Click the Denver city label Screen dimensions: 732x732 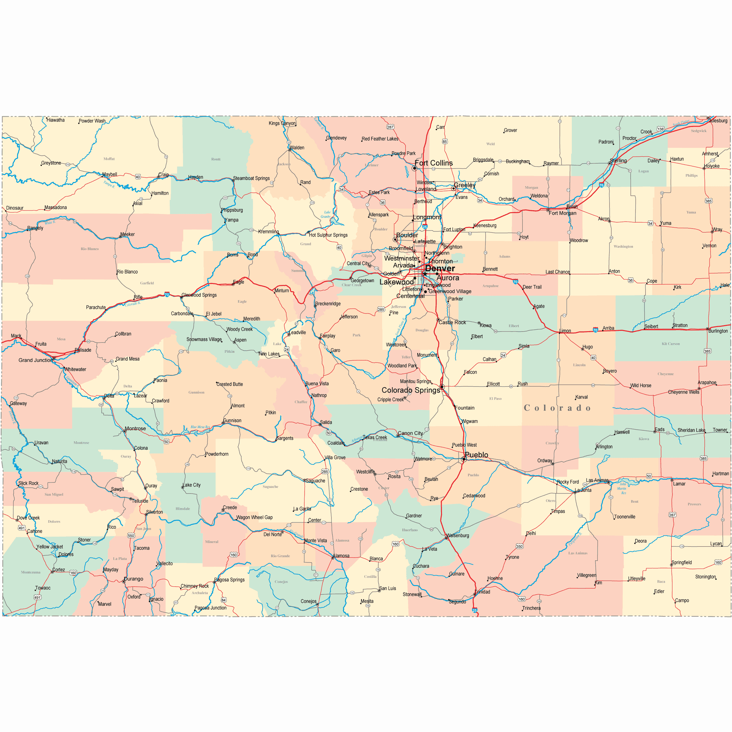coord(439,268)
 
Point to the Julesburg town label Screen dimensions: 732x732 coord(718,121)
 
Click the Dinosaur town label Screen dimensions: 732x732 coord(15,208)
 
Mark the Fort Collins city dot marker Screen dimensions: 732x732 coord(414,168)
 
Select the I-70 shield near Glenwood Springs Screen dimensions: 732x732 coord(167,294)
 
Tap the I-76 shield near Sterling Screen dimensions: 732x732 coord(601,185)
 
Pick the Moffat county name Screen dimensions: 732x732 coord(109,159)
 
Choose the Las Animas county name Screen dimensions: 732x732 coord(577,553)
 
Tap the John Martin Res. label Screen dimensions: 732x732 coord(622,489)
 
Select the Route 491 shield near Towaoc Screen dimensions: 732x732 coord(37,597)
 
